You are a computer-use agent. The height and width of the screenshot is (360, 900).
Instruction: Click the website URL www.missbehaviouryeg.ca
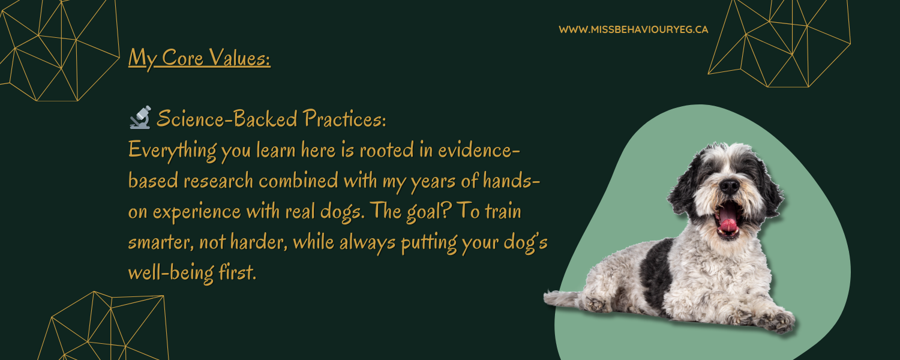coord(633,30)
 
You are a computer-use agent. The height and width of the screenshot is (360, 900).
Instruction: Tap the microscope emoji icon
coord(140,118)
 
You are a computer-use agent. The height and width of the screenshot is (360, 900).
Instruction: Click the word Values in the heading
coord(239,58)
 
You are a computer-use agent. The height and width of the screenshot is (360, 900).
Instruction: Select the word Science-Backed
coord(227,119)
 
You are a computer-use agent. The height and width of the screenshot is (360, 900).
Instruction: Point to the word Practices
coord(344,119)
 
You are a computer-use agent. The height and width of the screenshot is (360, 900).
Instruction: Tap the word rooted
coord(386,150)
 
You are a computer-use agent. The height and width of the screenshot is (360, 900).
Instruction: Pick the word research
coord(218,181)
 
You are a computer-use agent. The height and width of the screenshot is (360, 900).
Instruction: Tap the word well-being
coord(171,273)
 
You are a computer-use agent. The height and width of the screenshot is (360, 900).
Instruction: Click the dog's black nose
coord(729,187)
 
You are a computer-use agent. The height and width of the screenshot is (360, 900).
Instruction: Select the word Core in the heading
coord(183,58)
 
